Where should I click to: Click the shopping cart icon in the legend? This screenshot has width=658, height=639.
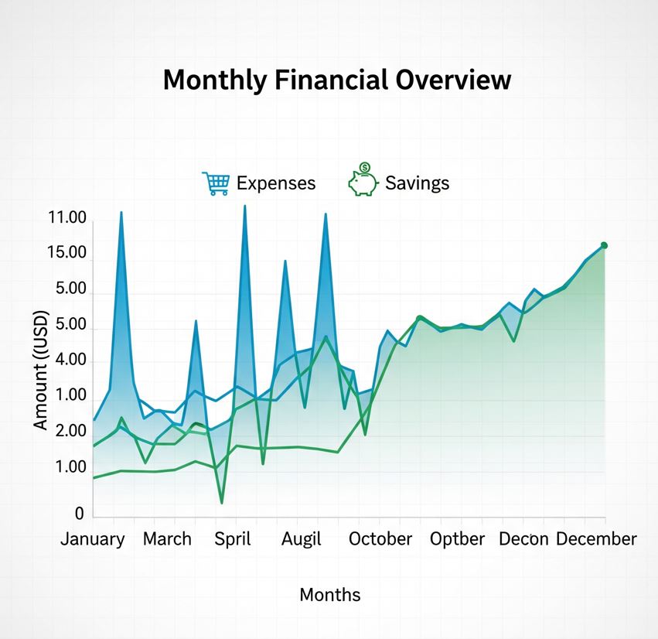[x=216, y=183]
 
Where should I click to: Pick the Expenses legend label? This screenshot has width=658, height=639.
[x=276, y=183]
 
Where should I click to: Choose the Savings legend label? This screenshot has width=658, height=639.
[x=417, y=183]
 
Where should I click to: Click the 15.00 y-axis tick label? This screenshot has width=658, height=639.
[x=67, y=253]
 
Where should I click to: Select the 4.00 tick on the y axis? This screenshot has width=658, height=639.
[x=67, y=361]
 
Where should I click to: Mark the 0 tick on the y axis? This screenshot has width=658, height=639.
[x=78, y=514]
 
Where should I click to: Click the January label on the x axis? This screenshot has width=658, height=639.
[x=92, y=539]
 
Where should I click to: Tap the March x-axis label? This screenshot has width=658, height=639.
[x=167, y=539]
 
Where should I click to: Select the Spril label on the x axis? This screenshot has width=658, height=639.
[x=232, y=539]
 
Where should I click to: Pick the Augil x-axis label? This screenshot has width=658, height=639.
[x=301, y=539]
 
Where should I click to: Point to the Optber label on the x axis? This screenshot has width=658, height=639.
[x=458, y=539]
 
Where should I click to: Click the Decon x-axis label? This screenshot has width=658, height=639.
[x=523, y=539]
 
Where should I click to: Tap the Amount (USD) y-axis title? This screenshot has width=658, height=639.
[x=41, y=370]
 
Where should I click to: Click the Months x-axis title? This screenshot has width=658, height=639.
[x=329, y=595]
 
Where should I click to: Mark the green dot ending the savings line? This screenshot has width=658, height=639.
[x=604, y=246]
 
